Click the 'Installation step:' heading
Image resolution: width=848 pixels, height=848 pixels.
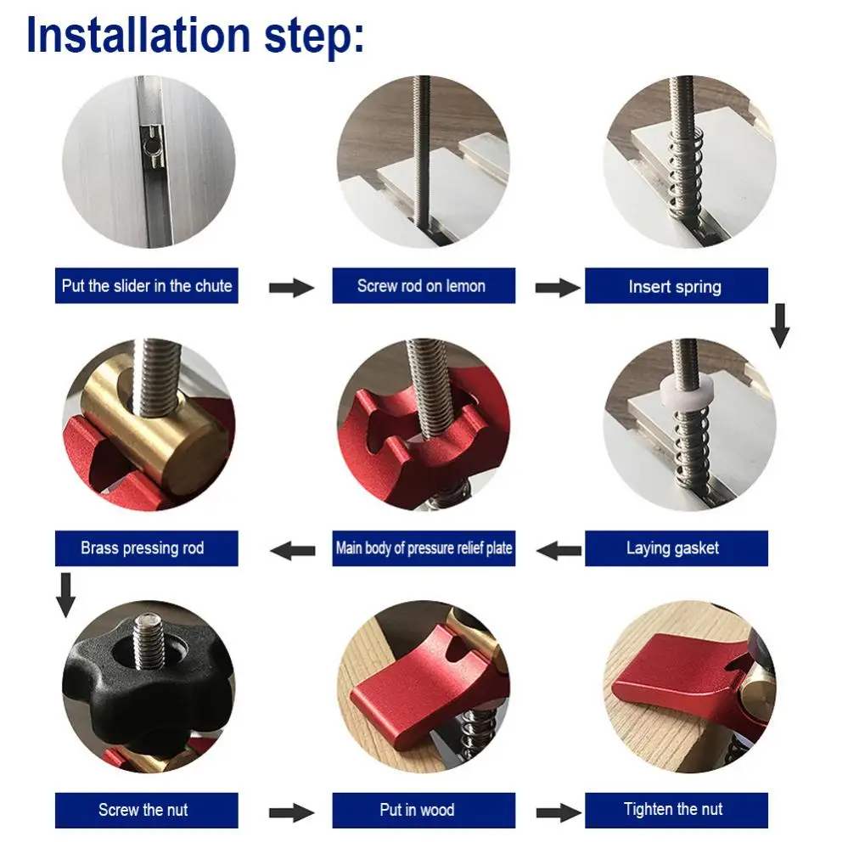pos(195,36)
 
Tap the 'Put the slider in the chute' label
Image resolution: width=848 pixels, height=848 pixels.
pos(147,285)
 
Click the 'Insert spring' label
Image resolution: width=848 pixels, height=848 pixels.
pos(675,286)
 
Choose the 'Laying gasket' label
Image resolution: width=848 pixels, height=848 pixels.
pos(673,548)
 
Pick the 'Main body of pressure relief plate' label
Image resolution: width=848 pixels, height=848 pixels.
pos(424,548)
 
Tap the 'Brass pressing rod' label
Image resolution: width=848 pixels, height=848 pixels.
pos(143,548)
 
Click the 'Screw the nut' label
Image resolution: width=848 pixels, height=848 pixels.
pos(143,810)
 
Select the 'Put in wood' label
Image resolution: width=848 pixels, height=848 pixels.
pos(417,810)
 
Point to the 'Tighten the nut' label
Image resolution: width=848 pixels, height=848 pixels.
pos(673,809)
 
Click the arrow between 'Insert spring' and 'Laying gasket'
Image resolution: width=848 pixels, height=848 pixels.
pos(779,326)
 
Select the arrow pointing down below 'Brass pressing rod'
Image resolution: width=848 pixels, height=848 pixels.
pos(66,595)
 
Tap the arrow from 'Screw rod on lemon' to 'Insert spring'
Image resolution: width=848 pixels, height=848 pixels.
pos(558,287)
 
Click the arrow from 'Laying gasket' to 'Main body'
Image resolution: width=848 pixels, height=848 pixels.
pos(559,551)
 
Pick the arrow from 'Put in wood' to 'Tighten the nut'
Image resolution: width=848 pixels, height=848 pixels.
pos(559,812)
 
